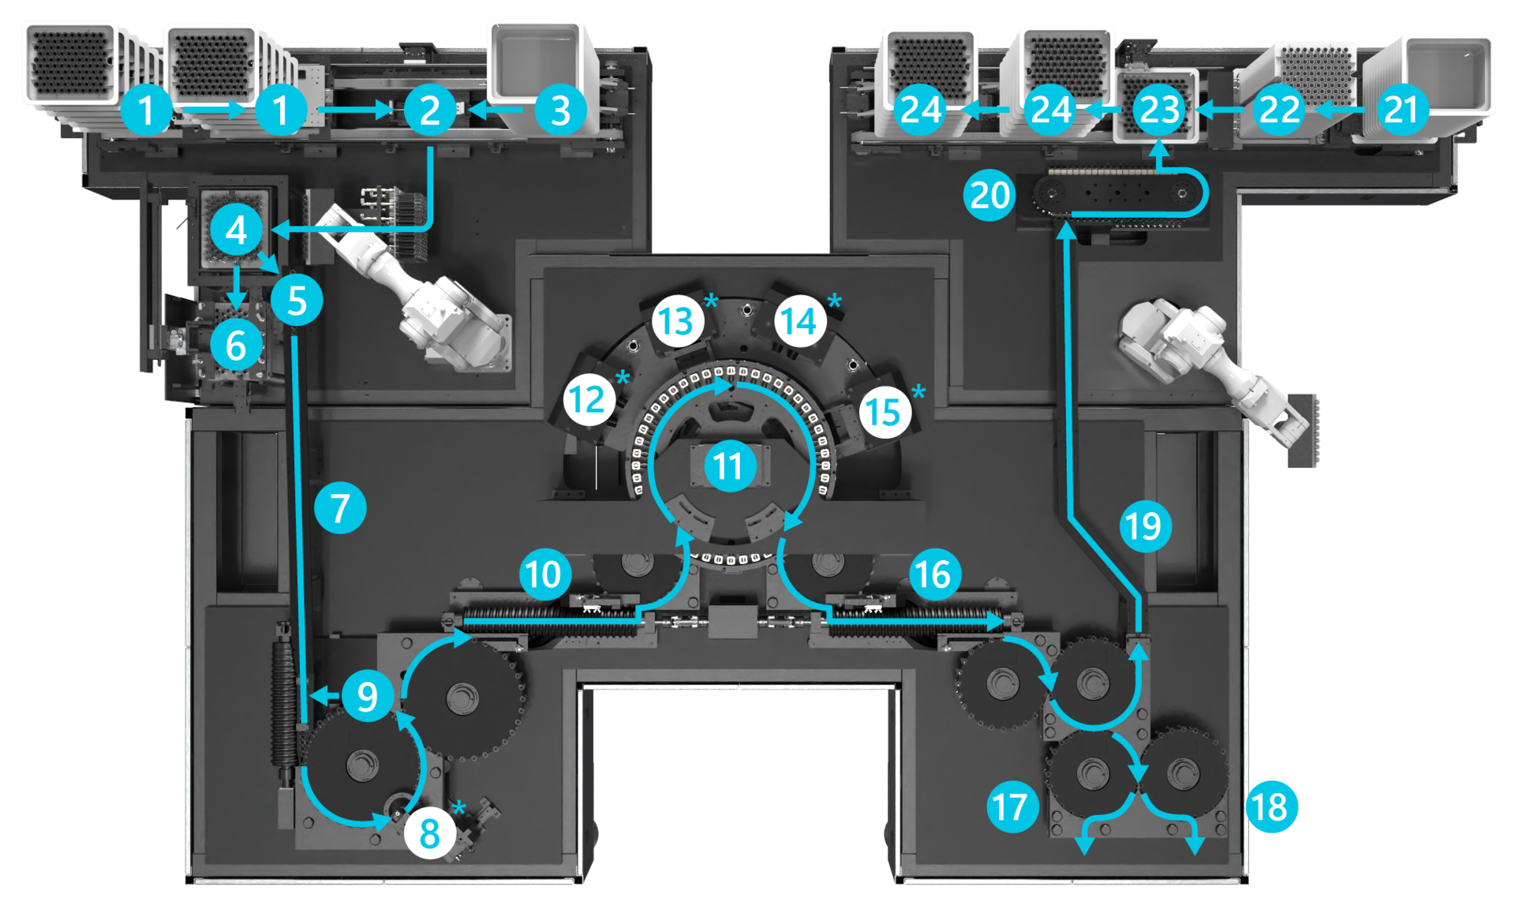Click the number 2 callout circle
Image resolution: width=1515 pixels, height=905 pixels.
(x=430, y=110)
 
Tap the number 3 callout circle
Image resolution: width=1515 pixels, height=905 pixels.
(x=560, y=110)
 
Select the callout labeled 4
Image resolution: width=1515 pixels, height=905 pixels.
(x=237, y=230)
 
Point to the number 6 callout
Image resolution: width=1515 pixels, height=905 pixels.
(x=236, y=346)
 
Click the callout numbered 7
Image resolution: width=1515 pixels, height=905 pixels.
(x=340, y=508)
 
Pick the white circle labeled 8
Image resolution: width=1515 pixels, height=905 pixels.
(x=430, y=832)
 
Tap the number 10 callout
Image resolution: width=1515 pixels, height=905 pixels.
(x=544, y=574)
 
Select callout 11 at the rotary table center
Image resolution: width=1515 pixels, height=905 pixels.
(x=730, y=466)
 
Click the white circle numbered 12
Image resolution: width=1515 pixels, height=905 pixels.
(x=589, y=400)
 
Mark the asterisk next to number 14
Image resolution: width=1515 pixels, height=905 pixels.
(x=835, y=301)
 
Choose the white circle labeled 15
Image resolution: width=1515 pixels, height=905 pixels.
(x=884, y=412)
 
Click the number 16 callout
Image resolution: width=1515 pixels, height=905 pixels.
(x=934, y=574)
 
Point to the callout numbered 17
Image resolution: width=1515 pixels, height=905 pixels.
(x=1012, y=806)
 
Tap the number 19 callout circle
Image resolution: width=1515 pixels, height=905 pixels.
(x=1145, y=525)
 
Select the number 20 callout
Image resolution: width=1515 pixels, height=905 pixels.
(x=989, y=195)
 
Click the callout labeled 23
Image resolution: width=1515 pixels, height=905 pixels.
(x=1158, y=110)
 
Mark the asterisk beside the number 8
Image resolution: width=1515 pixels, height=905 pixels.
(x=459, y=807)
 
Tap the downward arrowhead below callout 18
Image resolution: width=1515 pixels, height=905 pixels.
(x=1196, y=847)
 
